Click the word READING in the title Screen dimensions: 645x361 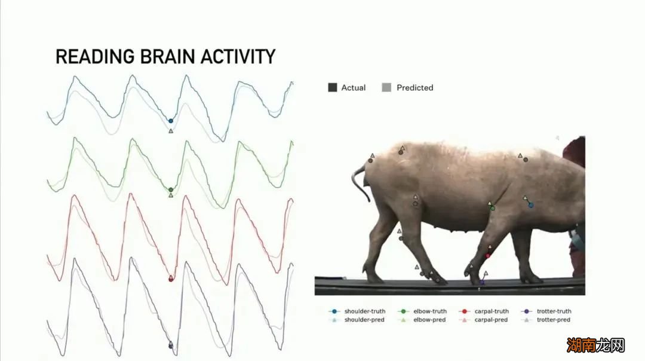[x=95, y=56]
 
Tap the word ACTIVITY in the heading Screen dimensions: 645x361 [x=238, y=56]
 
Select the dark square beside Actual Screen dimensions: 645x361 [x=333, y=87]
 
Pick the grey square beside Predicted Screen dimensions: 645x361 [x=386, y=87]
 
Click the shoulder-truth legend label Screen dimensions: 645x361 [x=365, y=311]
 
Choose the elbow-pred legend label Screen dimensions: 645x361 [x=429, y=320]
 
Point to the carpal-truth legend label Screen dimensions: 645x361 [x=492, y=311]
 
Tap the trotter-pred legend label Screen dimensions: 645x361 [x=553, y=320]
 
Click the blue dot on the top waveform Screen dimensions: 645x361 [x=171, y=121]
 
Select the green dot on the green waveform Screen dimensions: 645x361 [x=171, y=189]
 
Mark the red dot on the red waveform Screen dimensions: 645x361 [x=171, y=279]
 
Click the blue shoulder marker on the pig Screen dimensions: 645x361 [x=531, y=204]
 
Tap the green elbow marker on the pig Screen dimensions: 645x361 [x=492, y=208]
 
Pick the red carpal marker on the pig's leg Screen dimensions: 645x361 [x=488, y=256]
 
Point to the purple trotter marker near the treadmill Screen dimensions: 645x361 [x=483, y=282]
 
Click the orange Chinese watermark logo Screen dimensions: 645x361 [x=595, y=345]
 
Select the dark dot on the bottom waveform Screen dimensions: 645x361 [x=171, y=346]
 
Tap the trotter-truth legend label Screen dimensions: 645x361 [x=554, y=311]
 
